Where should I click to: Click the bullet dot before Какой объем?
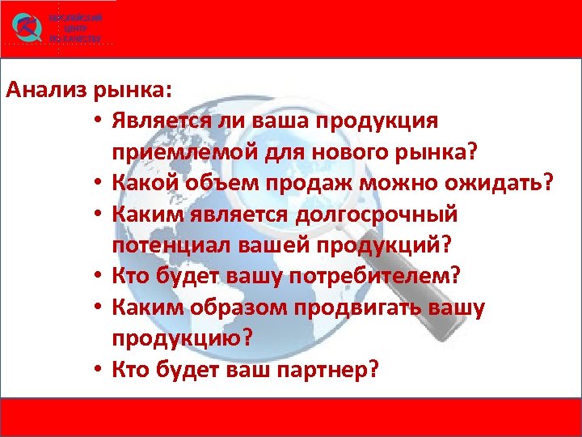tap(96, 185)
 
